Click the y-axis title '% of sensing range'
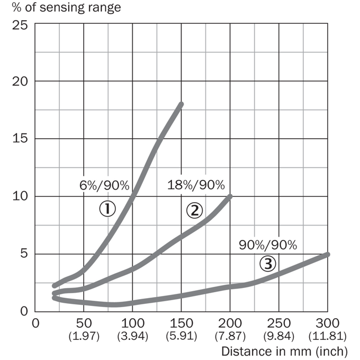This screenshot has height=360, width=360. click(x=66, y=7)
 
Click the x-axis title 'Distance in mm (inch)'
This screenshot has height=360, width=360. click(x=284, y=352)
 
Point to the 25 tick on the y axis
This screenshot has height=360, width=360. click(x=20, y=25)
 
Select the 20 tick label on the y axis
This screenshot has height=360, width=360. click(x=20, y=82)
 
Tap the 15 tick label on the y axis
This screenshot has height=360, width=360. click(x=20, y=139)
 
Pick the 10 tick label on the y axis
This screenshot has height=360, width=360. click(x=20, y=196)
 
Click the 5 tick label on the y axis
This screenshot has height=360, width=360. click(x=24, y=254)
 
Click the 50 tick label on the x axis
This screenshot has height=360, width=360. click(x=84, y=323)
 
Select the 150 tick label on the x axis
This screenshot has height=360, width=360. click(x=181, y=323)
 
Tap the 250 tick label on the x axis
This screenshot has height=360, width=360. click(x=278, y=323)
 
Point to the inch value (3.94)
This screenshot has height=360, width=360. click(x=133, y=336)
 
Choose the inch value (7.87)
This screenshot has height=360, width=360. click(x=230, y=336)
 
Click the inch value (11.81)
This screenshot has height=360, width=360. click(x=327, y=336)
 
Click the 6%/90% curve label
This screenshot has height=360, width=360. click(x=104, y=185)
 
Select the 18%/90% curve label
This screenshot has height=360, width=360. click(x=196, y=185)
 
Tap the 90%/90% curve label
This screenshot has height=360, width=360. click(x=268, y=245)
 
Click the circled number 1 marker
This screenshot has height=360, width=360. click(x=107, y=209)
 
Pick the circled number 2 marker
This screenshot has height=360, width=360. click(x=194, y=211)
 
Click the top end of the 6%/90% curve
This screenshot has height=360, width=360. click(x=181, y=104)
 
